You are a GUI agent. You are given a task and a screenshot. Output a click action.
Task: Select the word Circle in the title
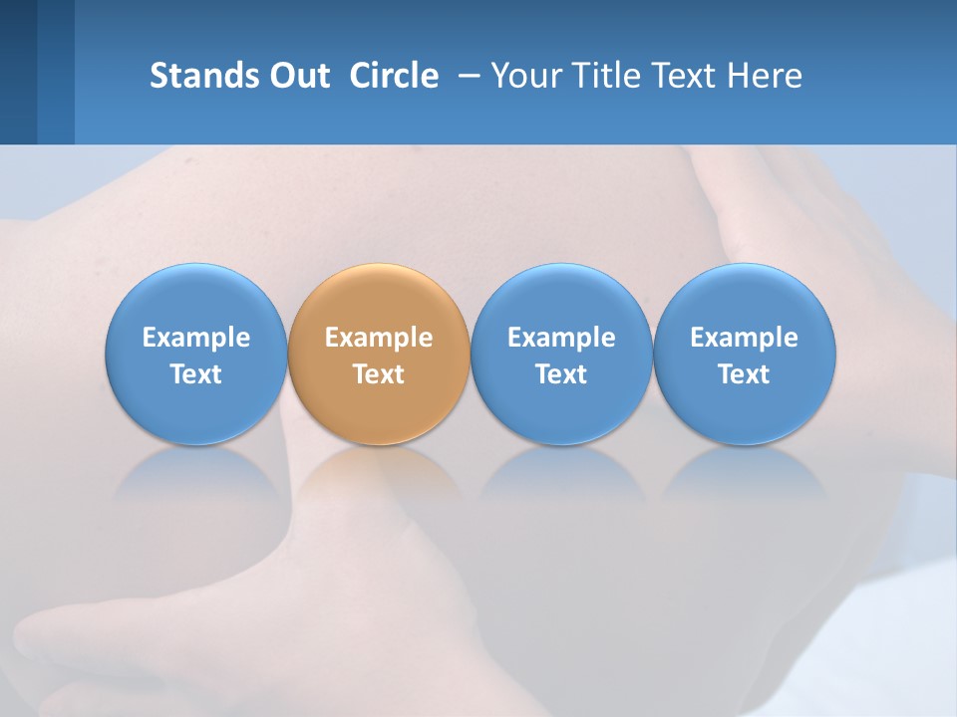pyautogui.click(x=394, y=76)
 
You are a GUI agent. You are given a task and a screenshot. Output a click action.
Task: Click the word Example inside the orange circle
pyautogui.click(x=379, y=338)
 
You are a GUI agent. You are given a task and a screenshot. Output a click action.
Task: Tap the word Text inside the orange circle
pyautogui.click(x=379, y=374)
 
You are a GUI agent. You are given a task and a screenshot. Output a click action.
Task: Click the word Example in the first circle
pyautogui.click(x=196, y=338)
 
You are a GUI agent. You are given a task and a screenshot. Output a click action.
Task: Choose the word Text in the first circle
pyautogui.click(x=196, y=374)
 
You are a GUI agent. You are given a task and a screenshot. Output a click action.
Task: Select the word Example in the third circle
pyautogui.click(x=561, y=338)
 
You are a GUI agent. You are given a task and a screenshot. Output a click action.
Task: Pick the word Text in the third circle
pyautogui.click(x=561, y=374)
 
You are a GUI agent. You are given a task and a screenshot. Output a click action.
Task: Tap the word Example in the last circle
pyautogui.click(x=744, y=338)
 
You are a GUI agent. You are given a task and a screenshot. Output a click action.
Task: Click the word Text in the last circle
pyautogui.click(x=744, y=374)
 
